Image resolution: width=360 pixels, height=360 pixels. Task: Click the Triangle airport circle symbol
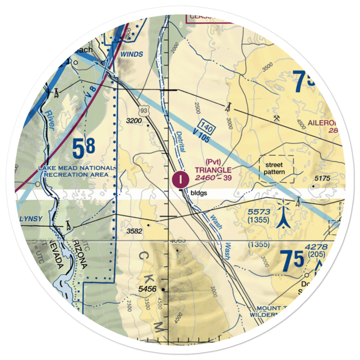coord(180,179)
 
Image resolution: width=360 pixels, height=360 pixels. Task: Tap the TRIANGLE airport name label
coord(213,170)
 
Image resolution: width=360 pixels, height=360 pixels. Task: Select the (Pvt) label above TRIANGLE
coord(213,161)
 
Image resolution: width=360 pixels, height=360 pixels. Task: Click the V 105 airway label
coord(201,135)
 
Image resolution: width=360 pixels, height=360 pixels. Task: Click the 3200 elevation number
coord(134,121)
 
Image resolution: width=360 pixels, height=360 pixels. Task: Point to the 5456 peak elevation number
coord(148,289)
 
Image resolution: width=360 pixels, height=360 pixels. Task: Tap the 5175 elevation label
coord(323,178)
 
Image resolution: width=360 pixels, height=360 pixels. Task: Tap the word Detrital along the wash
coord(181,141)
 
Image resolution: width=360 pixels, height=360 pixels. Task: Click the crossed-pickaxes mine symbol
coord(276,118)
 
